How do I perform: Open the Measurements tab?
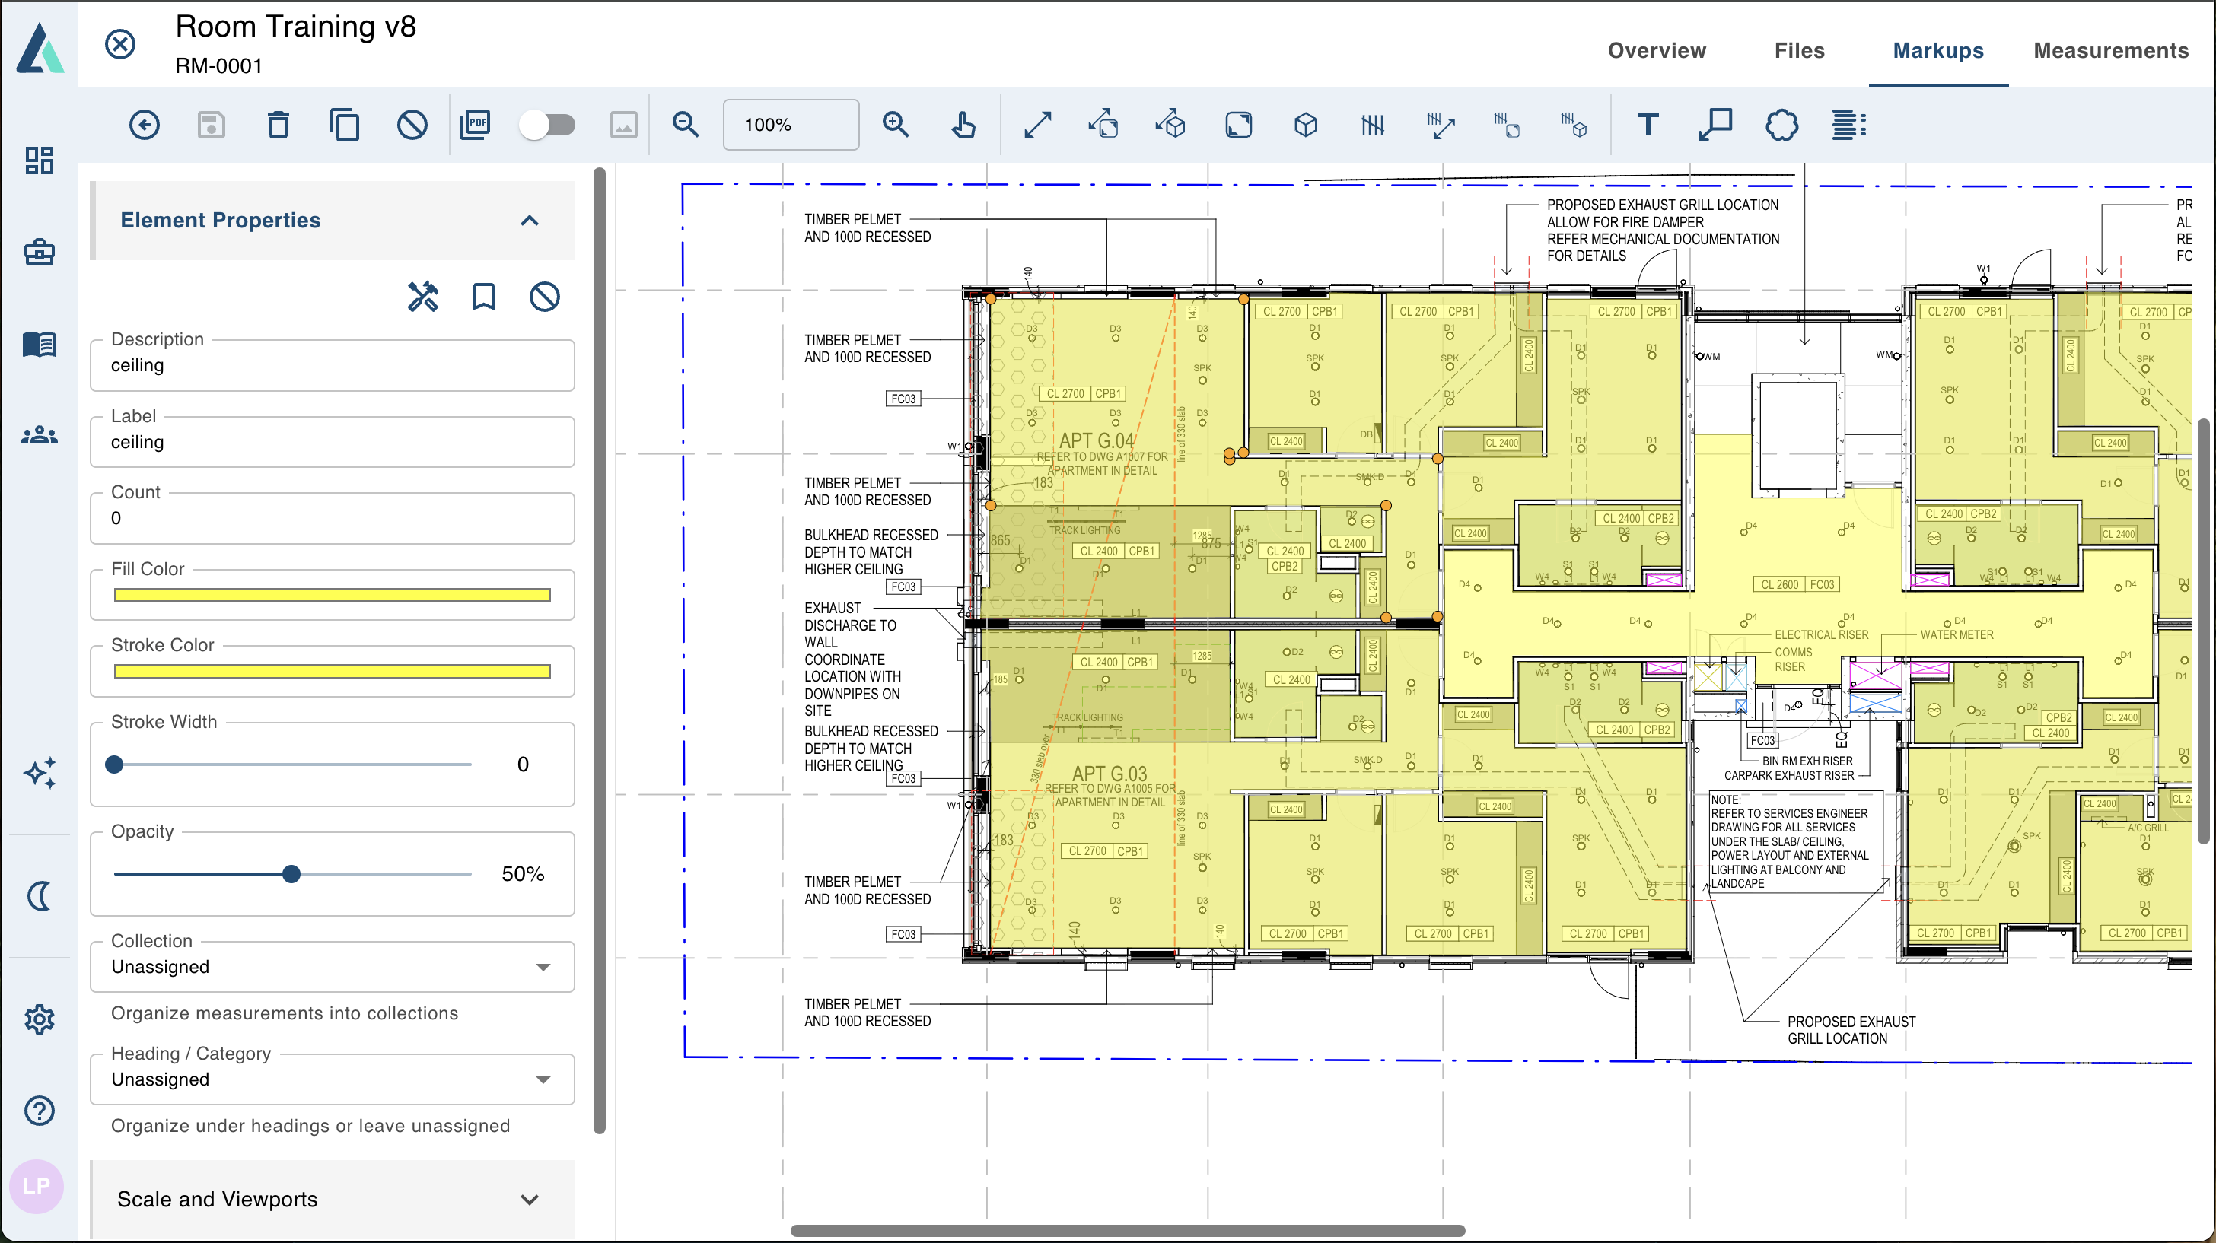pos(2110,51)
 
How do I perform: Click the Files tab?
pos(1799,51)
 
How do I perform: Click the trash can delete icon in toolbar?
pos(278,126)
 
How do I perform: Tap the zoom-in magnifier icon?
pos(896,126)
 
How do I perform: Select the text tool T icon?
pos(1647,126)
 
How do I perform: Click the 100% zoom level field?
pos(790,126)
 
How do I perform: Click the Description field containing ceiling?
pos(332,366)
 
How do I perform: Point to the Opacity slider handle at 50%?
pos(291,875)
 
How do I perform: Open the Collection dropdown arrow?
pos(543,968)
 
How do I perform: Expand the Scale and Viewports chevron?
pos(530,1199)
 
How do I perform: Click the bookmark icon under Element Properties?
pos(483,297)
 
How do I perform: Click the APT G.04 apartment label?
pos(1097,441)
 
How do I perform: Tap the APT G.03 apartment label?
pos(1109,774)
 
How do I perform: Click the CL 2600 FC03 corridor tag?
pos(1797,585)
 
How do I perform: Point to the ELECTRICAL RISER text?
pos(1821,635)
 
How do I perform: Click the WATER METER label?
pos(1957,635)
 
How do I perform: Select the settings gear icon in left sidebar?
pos(40,1019)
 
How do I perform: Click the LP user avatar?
pos(36,1186)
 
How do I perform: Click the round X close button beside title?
pos(120,44)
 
